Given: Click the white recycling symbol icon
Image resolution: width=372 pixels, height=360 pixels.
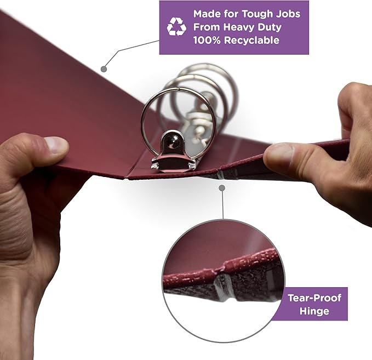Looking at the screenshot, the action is click(176, 27).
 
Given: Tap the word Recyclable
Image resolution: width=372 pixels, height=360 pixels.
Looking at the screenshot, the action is click(251, 40).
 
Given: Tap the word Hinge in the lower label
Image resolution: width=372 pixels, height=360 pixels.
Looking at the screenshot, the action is click(314, 311).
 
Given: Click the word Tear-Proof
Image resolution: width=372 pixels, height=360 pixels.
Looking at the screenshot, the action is click(314, 298).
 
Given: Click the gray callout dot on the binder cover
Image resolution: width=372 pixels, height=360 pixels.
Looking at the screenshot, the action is click(104, 69).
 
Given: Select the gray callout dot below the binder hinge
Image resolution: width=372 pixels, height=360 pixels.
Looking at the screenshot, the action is click(222, 188).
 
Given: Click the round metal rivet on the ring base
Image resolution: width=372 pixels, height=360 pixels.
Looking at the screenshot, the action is click(173, 140).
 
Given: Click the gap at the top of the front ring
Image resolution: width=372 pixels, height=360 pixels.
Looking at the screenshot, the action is click(178, 89).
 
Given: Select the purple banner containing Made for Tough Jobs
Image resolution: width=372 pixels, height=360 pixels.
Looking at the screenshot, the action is click(234, 27).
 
